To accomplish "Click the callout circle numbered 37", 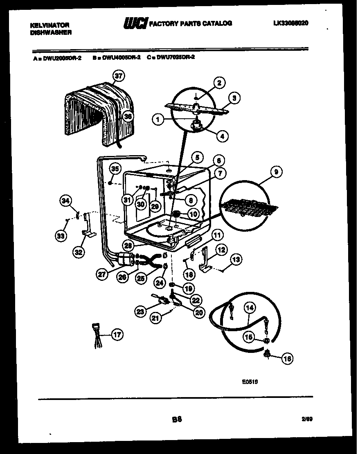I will tap(118, 76).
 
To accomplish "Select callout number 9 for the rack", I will tap(276, 172).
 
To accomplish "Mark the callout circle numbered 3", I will tap(234, 98).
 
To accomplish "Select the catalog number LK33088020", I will tap(290, 23).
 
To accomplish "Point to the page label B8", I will tap(177, 419).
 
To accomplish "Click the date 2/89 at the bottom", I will tap(306, 420).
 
